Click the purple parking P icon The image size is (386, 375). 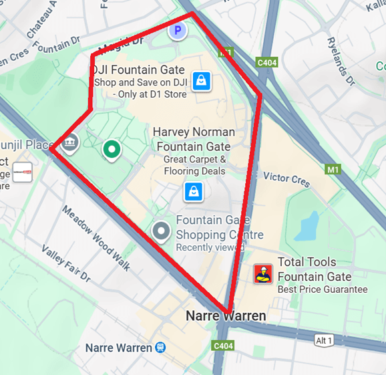tap(178, 30)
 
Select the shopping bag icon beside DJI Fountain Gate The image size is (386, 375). tap(201, 82)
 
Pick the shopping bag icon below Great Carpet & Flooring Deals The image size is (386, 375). tap(194, 192)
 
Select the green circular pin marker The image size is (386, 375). tap(112, 150)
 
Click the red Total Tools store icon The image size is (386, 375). tap(263, 274)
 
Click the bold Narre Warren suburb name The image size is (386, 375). tap(226, 316)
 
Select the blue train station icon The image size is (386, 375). tap(160, 348)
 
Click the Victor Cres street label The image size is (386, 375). tap(286, 178)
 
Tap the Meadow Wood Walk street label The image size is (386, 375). tap(95, 229)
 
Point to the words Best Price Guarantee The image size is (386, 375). tap(323, 289)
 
